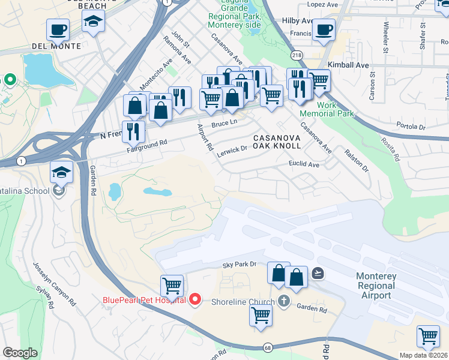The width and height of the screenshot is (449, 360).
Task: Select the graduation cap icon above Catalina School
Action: [61, 171]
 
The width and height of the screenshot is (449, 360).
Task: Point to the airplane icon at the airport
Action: [318, 273]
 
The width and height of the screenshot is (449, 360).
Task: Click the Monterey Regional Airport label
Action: [376, 285]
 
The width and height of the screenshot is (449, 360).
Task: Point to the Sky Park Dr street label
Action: [239, 264]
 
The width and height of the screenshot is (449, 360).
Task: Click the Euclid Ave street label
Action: [304, 163]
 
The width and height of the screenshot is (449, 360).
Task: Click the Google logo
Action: [20, 352]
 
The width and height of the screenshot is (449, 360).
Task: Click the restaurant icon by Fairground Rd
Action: [133, 131]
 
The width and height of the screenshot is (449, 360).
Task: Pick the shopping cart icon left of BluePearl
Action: [172, 285]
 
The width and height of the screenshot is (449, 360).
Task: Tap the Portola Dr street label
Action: [411, 126]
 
